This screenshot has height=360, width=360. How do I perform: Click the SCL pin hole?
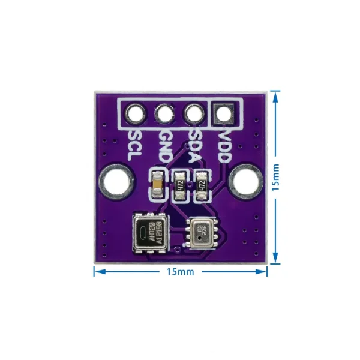[x=133, y=113]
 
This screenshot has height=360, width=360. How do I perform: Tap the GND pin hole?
[x=163, y=113]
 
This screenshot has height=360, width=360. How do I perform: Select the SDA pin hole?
[x=193, y=113]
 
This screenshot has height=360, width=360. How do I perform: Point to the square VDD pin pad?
[x=224, y=113]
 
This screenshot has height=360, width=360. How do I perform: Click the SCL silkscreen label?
[x=134, y=145]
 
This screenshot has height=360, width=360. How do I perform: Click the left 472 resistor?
[x=179, y=185]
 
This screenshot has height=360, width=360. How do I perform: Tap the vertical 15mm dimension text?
[x=275, y=178]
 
